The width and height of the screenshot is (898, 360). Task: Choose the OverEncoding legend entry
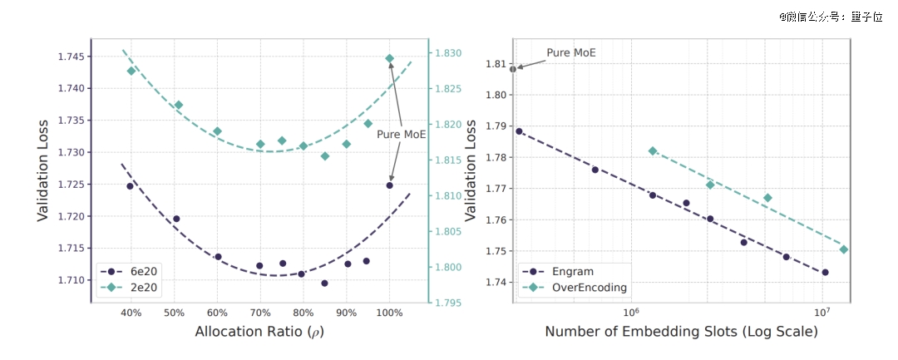pyautogui.click(x=573, y=288)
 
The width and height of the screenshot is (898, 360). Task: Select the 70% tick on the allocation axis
pyautogui.click(x=260, y=313)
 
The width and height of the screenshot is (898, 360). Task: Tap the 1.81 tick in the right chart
pyautogui.click(x=495, y=63)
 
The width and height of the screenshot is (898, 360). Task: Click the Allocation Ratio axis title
pyautogui.click(x=260, y=332)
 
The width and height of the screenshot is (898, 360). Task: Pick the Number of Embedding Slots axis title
pyautogui.click(x=682, y=332)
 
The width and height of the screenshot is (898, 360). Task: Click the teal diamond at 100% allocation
pyautogui.click(x=389, y=58)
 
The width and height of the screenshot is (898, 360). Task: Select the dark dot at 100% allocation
pyautogui.click(x=389, y=185)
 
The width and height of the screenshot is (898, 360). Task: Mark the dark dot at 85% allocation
pyautogui.click(x=325, y=284)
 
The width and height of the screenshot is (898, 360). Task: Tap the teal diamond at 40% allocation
pyautogui.click(x=131, y=71)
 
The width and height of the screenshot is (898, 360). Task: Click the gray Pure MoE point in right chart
pyautogui.click(x=513, y=69)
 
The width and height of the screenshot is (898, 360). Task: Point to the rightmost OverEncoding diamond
pyautogui.click(x=843, y=249)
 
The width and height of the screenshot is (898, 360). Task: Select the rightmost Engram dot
pyautogui.click(x=826, y=273)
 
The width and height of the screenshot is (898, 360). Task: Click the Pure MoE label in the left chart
pyautogui.click(x=402, y=135)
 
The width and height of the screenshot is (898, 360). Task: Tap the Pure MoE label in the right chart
pyautogui.click(x=571, y=52)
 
